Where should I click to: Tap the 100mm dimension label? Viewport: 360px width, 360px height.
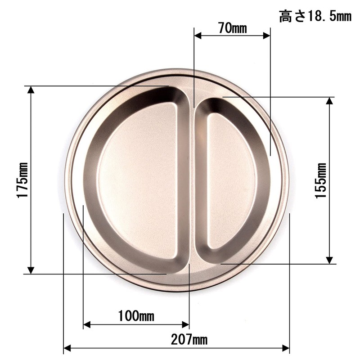click(x=136, y=315)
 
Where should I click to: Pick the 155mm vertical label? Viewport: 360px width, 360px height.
click(x=321, y=180)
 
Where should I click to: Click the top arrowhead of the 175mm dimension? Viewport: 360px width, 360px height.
click(x=31, y=90)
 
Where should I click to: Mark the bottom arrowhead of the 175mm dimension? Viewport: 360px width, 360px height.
click(x=31, y=270)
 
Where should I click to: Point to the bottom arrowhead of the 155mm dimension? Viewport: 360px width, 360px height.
click(x=329, y=260)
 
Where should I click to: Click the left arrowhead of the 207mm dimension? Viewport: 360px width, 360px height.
click(x=67, y=348)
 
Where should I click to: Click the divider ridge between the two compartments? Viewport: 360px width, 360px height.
click(x=192, y=180)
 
